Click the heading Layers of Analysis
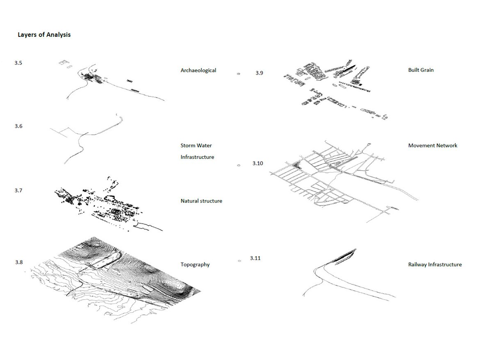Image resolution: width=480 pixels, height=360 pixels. point(44,34)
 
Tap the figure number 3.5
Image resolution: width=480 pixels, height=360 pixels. point(18,63)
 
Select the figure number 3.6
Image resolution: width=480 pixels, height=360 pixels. point(18,126)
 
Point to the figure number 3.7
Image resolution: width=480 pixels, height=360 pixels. point(18,190)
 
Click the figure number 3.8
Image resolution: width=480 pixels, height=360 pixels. point(19,262)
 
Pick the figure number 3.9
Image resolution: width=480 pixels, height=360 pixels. point(259,73)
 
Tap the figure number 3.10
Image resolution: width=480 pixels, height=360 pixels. point(258,163)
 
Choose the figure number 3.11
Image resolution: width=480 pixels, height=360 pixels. point(255,258)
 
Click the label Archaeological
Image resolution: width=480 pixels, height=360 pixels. point(199,71)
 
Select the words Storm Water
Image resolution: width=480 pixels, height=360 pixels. point(196,145)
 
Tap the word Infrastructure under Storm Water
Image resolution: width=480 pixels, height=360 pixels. point(197,157)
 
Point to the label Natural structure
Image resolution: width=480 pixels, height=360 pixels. point(201,201)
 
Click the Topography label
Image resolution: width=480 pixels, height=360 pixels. point(195,264)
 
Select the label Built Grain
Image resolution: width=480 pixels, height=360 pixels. point(421,70)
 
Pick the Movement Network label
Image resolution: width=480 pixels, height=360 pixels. point(433,146)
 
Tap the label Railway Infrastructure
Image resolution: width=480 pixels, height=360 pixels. point(435,264)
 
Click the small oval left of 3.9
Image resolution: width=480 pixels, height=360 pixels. point(239,74)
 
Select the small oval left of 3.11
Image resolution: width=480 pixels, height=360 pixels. point(240,261)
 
